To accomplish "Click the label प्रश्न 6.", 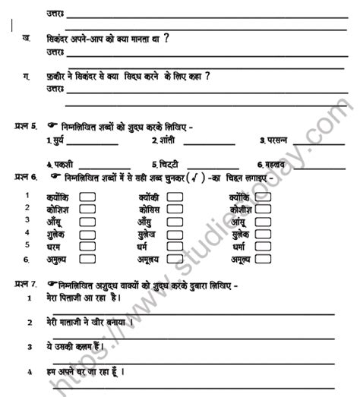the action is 25,178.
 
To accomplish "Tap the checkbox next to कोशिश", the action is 87,209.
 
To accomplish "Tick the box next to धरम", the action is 87,247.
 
